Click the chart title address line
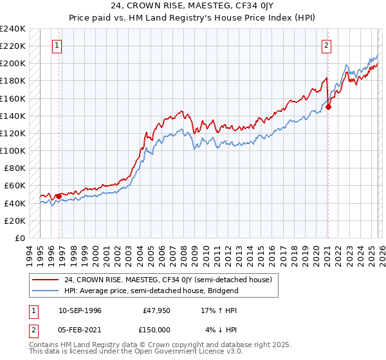pos(192,7)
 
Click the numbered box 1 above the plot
pos(58,46)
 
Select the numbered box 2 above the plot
pos(327,46)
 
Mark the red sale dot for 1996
pos(59,196)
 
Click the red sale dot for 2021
pos(328,107)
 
